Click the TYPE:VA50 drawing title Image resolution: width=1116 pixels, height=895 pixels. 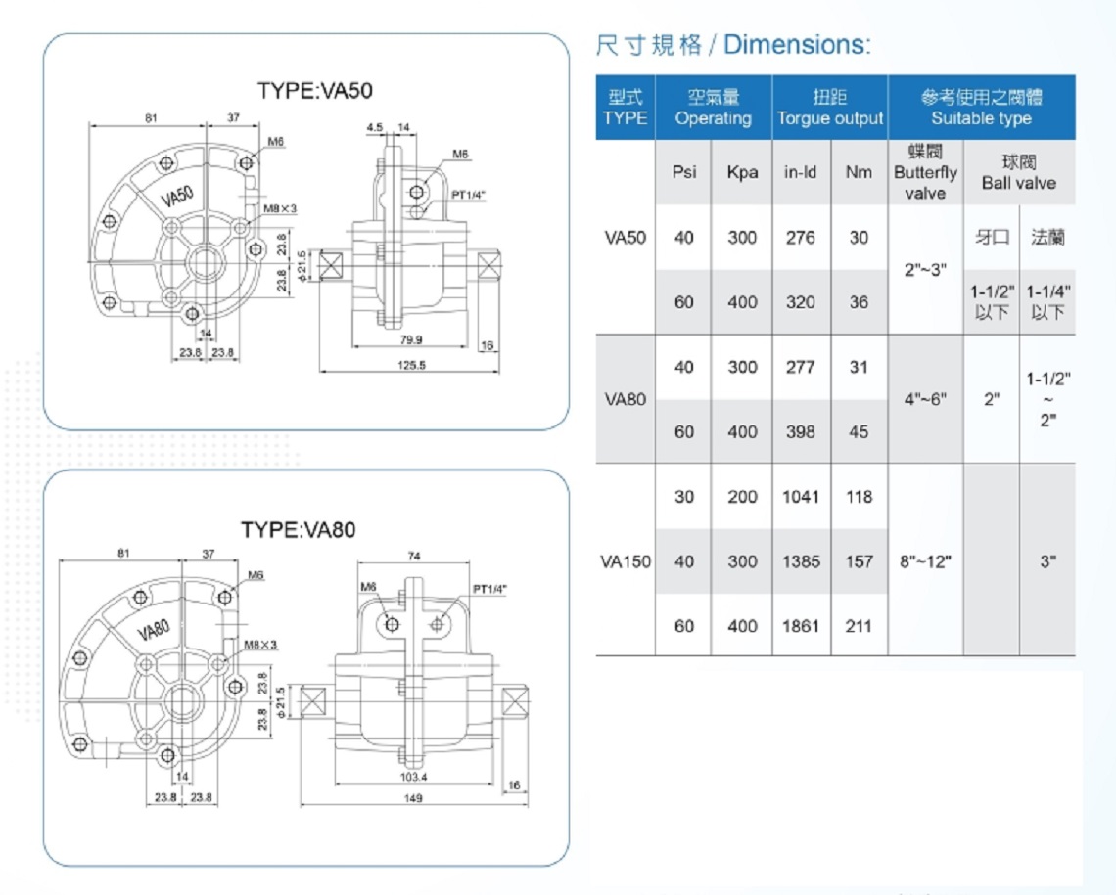[x=314, y=90]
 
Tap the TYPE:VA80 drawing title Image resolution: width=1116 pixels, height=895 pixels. [x=298, y=529]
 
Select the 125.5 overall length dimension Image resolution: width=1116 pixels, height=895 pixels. [x=411, y=365]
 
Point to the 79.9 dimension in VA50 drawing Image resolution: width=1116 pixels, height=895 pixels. [x=411, y=339]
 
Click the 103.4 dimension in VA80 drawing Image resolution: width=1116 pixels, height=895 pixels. [x=413, y=777]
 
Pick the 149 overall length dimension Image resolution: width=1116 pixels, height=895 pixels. [x=413, y=797]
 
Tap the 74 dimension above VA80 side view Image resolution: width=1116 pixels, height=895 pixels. [x=413, y=556]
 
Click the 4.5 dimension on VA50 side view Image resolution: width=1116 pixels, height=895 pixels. [x=374, y=127]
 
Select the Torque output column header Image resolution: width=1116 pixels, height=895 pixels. [x=830, y=118]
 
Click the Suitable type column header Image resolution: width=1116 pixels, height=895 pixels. [x=982, y=118]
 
